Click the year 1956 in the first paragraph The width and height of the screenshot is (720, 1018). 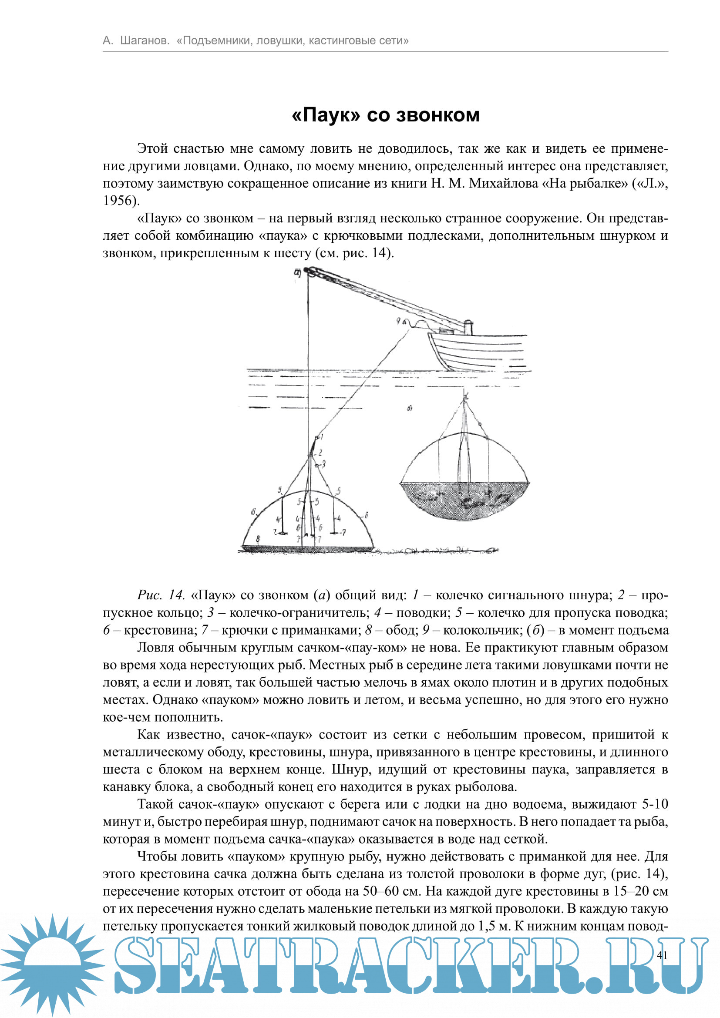click(118, 200)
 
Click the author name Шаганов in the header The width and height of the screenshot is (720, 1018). click(145, 41)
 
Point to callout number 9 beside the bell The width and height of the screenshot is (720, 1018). click(399, 321)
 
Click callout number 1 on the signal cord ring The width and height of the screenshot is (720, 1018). click(322, 437)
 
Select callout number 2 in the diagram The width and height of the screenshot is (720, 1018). click(320, 453)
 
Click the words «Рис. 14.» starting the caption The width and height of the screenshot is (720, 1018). click(161, 595)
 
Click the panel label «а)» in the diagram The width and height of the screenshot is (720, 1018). click(297, 273)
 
